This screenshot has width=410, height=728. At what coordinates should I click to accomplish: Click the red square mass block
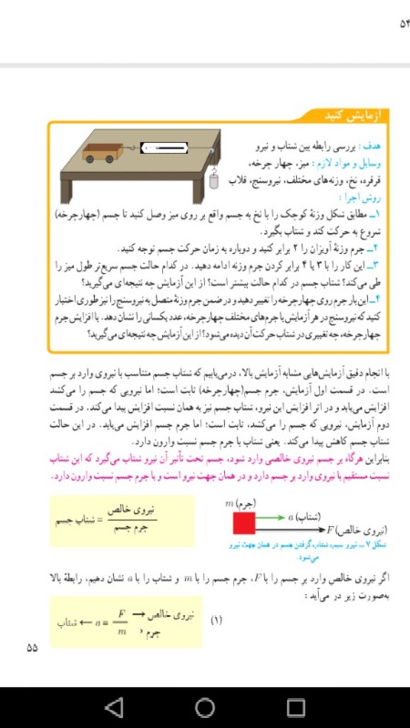[244, 523]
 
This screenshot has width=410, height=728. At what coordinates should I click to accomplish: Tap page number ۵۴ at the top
[393, 22]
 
